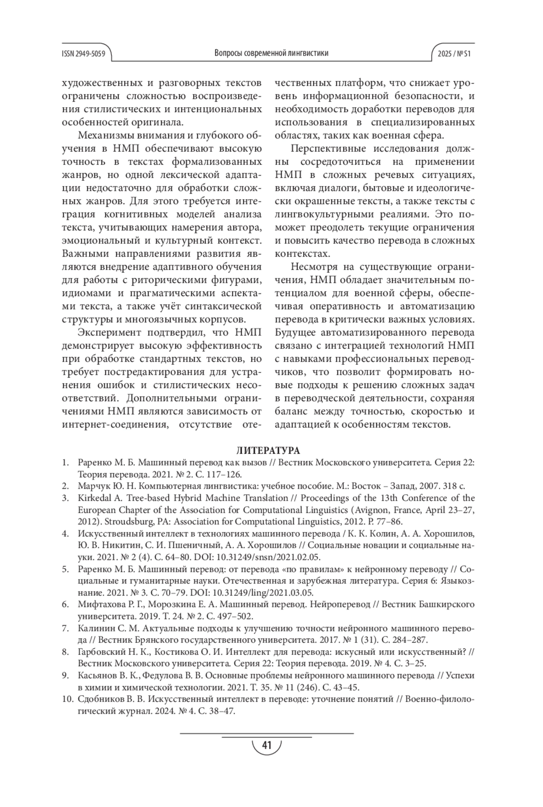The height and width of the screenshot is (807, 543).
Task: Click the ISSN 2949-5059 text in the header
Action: [x=83, y=53]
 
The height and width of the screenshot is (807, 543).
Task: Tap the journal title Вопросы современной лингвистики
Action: [x=271, y=53]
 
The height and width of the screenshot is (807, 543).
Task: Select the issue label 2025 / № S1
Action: [x=454, y=53]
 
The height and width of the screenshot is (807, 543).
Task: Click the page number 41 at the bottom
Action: [x=267, y=745]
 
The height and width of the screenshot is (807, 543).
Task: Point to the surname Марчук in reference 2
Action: [x=92, y=487]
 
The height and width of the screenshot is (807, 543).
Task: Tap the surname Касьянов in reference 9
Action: [x=96, y=676]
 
